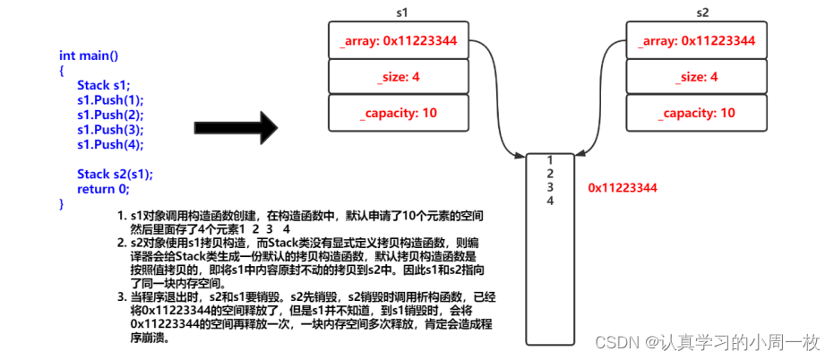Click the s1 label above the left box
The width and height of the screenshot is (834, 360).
point(402,13)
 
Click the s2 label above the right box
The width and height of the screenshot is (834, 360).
point(702,13)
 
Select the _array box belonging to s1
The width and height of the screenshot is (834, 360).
point(399,40)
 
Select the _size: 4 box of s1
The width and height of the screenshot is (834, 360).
point(399,77)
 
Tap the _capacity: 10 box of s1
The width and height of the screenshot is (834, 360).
point(399,113)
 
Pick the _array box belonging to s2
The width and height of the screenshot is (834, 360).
point(697,40)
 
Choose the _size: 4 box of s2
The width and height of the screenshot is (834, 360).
point(697,77)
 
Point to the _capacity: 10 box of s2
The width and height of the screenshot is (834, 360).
point(697,113)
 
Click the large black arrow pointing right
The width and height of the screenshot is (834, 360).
point(236,128)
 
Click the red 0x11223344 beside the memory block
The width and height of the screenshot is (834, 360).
point(623,188)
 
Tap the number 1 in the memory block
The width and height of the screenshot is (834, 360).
point(550,160)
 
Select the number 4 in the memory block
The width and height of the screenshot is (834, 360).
point(550,201)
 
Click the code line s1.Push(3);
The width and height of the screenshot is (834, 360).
point(110,129)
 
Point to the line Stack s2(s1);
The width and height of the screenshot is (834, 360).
point(115,175)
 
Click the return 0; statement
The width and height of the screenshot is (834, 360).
point(103,189)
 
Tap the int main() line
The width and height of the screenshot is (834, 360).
point(89,56)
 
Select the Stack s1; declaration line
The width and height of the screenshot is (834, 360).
point(103,85)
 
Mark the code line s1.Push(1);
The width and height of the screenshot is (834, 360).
point(110,100)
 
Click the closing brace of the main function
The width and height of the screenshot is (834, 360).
point(61,203)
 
